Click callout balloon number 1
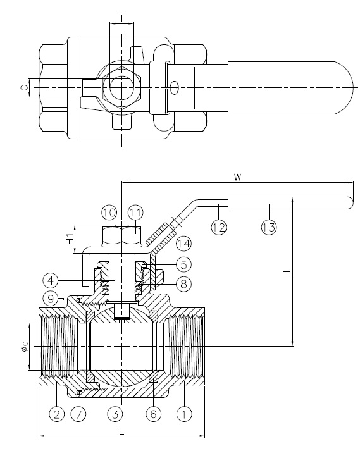183,414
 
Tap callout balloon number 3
114,414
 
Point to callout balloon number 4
51,278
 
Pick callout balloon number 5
182,263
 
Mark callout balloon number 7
78,414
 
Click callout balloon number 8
182,284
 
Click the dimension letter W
237,177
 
